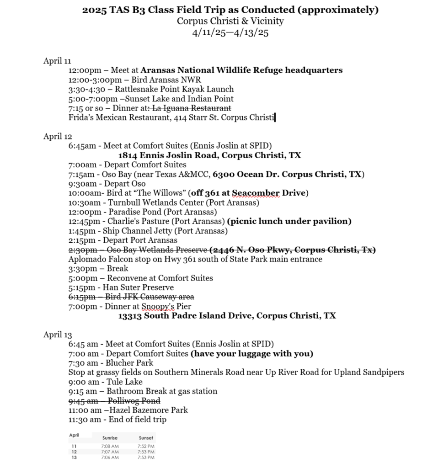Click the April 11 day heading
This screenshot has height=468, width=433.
[57, 61]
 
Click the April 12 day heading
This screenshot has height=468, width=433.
[57, 136]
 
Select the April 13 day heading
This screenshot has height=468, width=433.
[57, 335]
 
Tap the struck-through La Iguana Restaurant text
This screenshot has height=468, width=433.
[192, 108]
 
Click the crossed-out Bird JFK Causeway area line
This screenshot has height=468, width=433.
[131, 297]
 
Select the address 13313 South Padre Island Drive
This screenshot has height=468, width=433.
[227, 316]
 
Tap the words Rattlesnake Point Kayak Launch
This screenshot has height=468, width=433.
[174, 89]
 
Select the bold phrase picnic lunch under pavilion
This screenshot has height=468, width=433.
[289, 221]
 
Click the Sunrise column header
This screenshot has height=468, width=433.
[110, 437]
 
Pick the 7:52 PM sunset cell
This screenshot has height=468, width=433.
[146, 446]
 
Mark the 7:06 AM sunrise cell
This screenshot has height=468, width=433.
[110, 457]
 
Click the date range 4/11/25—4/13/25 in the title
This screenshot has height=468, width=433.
[230, 32]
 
